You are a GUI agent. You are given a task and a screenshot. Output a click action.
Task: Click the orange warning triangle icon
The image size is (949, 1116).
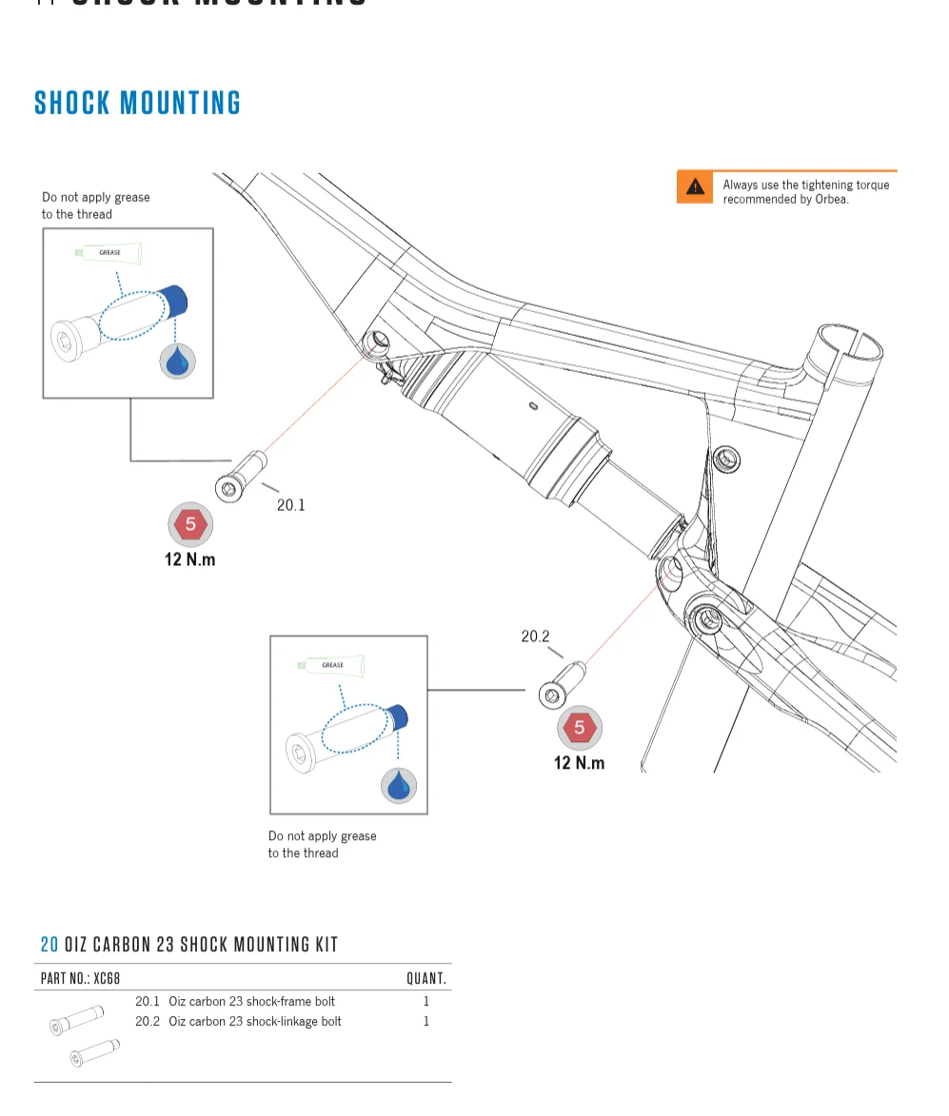[x=696, y=187]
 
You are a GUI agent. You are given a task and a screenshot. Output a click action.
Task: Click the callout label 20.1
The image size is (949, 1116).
[x=290, y=505]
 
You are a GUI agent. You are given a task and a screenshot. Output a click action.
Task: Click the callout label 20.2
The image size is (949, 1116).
[x=535, y=636]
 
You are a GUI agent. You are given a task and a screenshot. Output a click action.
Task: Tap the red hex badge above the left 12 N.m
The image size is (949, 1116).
[x=190, y=524]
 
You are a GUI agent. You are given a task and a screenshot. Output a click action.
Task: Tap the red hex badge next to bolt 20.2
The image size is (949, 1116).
[x=579, y=729]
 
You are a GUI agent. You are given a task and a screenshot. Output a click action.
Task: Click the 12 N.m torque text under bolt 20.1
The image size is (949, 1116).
[x=189, y=559]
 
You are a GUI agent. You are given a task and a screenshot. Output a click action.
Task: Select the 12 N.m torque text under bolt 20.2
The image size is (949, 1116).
[x=579, y=763]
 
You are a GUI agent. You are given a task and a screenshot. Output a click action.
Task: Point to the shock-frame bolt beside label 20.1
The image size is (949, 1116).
[x=242, y=478]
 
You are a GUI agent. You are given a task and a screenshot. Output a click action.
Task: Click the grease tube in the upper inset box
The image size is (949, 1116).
[x=109, y=253]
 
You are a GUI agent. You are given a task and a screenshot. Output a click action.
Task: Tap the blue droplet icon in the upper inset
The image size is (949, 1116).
[x=177, y=362]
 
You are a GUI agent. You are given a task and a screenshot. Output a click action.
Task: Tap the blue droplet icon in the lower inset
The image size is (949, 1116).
[x=399, y=786]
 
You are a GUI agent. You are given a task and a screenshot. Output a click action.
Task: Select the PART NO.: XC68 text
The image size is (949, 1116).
[x=80, y=978]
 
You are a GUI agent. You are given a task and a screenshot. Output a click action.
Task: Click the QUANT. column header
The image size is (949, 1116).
[x=425, y=978]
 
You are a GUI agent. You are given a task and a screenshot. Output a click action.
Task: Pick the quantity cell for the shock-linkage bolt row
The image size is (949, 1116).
[x=426, y=1022]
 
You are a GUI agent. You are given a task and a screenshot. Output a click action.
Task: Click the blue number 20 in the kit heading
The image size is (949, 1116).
[x=49, y=945]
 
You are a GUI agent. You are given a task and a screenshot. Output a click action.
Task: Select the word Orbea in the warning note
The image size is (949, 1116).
[x=831, y=200]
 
